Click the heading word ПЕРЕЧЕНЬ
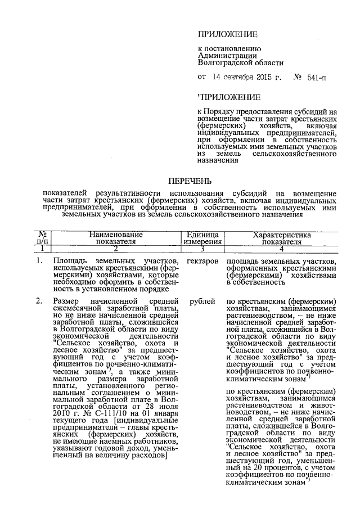(191, 181)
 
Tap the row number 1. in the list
(40, 262)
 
